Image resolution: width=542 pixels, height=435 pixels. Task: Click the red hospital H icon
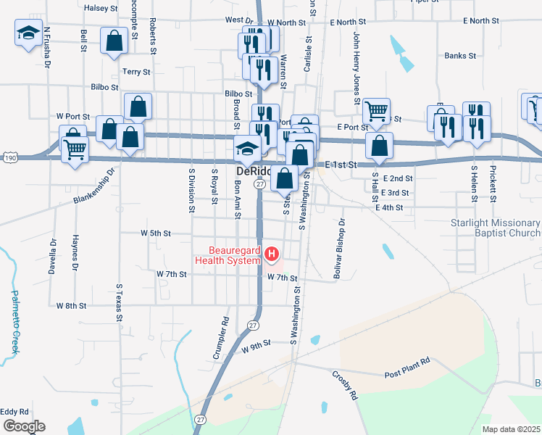pyautogui.click(x=272, y=254)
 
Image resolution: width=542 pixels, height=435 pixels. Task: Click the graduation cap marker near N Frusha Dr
pyautogui.click(x=28, y=33)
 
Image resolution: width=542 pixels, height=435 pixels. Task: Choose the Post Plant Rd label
pyautogui.click(x=407, y=373)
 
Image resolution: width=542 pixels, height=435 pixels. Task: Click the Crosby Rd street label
pyautogui.click(x=345, y=386)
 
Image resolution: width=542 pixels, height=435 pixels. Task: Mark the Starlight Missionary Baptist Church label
pyautogui.click(x=495, y=228)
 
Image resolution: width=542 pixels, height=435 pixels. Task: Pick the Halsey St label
pyautogui.click(x=101, y=8)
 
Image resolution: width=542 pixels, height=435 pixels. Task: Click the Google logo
pyautogui.click(x=23, y=426)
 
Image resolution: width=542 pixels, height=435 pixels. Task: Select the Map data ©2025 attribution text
pyautogui.click(x=511, y=429)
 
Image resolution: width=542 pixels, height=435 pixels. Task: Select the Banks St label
pyautogui.click(x=460, y=55)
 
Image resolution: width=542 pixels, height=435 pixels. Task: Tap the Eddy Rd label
pyautogui.click(x=14, y=411)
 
